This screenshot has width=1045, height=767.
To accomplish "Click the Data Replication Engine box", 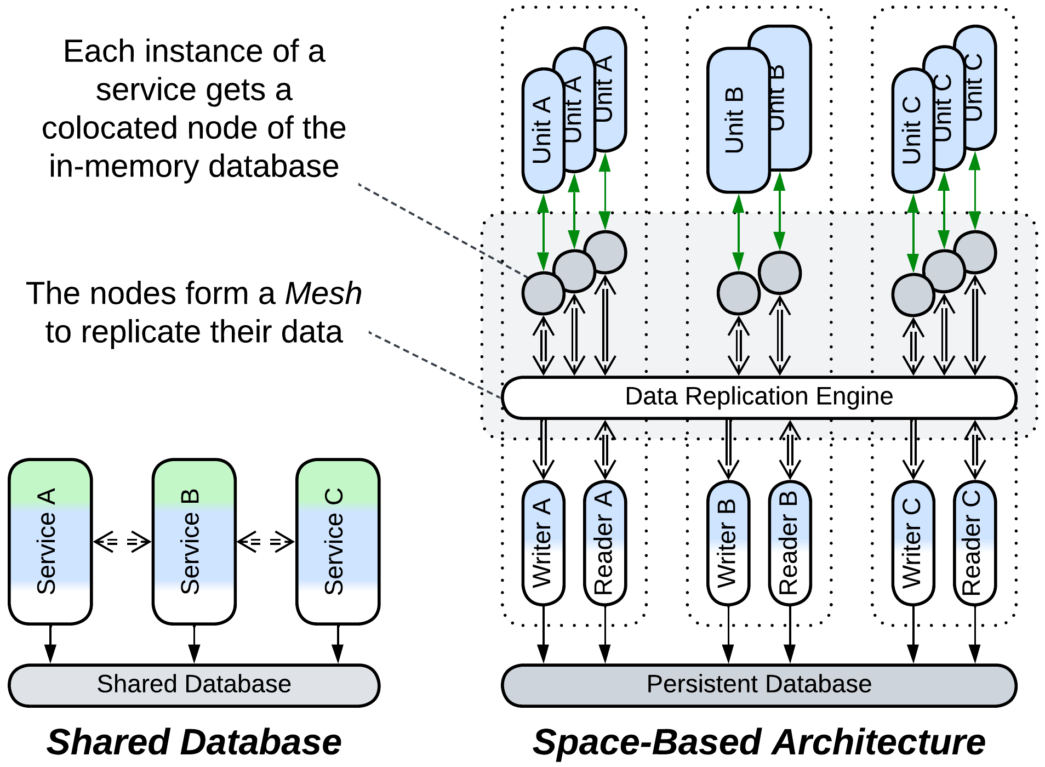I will tap(759, 397).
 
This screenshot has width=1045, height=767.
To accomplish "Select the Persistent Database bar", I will tap(759, 685).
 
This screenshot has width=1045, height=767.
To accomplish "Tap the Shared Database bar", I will tap(194, 685).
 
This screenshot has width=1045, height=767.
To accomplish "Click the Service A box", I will tap(50, 541).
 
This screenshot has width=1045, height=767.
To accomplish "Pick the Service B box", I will tap(194, 541).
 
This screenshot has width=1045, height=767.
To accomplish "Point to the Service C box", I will tap(338, 541).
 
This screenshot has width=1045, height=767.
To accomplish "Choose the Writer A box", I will tap(543, 543).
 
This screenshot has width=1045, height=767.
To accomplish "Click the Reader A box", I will tap(605, 543).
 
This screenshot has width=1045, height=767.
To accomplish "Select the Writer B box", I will tap(728, 543).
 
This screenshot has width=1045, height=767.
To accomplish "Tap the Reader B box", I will tap(790, 543).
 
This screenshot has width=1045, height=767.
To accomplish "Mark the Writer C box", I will tap(913, 543).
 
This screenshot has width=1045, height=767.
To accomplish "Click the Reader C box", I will tap(975, 543).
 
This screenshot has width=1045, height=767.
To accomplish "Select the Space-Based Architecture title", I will tap(759, 742).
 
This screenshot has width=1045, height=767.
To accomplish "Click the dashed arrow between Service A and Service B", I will tap(122, 542).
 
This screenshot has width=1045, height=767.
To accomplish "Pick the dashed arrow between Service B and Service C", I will tap(266, 542).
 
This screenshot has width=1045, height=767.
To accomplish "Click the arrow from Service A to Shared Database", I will tap(50, 644).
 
